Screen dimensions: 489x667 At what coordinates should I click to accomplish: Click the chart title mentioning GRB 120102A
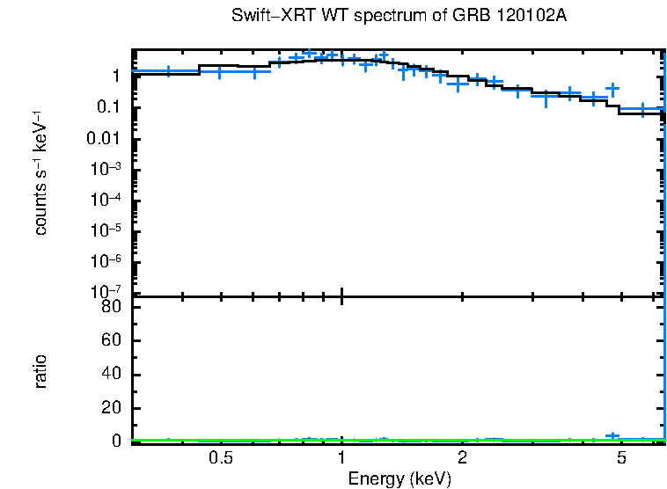(x=399, y=17)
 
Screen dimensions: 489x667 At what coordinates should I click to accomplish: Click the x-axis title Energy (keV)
(x=399, y=478)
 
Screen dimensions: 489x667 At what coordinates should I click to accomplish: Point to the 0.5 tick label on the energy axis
(x=221, y=458)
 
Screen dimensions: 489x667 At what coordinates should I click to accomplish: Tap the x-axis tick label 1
(x=341, y=458)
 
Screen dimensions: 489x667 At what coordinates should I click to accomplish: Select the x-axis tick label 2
(x=462, y=458)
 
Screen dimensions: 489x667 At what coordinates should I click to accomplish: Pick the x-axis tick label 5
(x=621, y=458)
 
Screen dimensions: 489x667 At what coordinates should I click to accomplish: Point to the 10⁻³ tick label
(x=104, y=169)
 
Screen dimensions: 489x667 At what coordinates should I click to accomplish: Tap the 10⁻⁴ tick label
(x=104, y=200)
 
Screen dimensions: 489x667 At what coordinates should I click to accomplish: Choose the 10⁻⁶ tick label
(x=104, y=261)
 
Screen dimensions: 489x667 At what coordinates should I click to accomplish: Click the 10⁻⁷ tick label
(x=104, y=291)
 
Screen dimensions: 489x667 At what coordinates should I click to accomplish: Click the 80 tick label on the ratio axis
(x=109, y=307)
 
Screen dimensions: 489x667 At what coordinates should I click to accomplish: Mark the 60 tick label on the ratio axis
(x=109, y=341)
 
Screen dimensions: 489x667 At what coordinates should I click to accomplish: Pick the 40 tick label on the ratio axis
(x=109, y=375)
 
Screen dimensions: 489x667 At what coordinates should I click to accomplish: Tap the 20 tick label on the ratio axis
(x=109, y=408)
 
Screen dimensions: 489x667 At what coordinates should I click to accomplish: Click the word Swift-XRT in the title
(x=264, y=17)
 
